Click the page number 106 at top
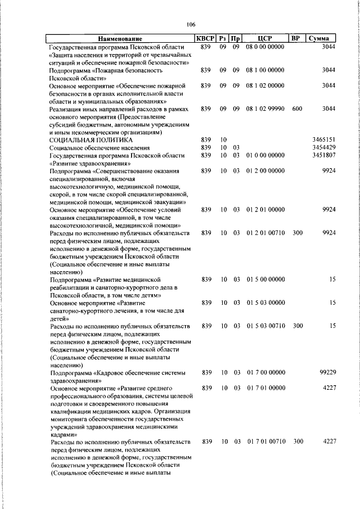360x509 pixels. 191,24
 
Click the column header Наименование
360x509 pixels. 120,39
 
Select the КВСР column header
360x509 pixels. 205,39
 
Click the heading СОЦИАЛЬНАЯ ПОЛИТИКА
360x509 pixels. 91,139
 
